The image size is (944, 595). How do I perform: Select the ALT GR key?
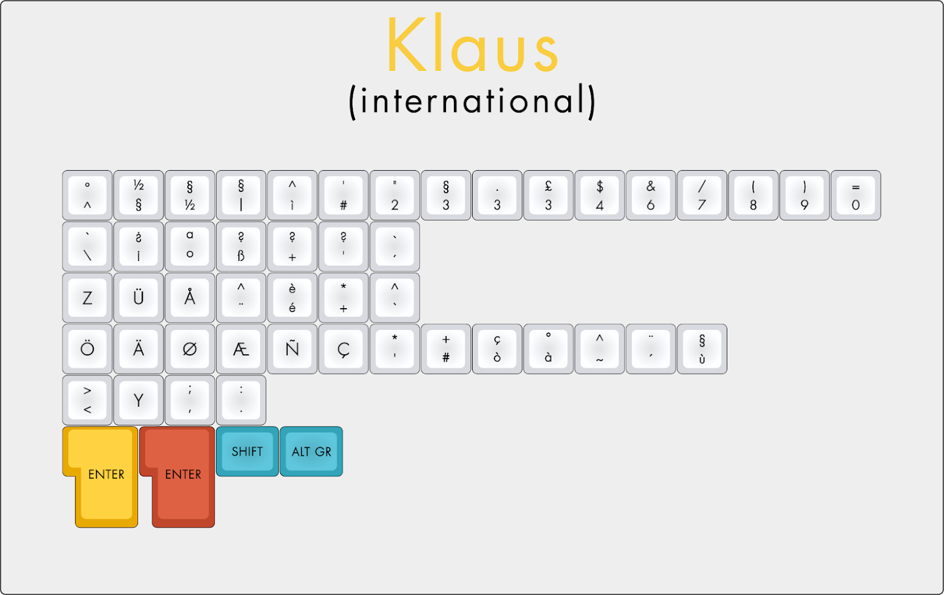[311, 451]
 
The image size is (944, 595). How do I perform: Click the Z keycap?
[87, 298]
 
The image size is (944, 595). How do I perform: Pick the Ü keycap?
[138, 298]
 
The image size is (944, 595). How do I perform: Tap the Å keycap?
[189, 298]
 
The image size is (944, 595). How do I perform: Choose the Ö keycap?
[87, 349]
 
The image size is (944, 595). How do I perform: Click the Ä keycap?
[138, 349]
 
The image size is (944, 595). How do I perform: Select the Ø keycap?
[189, 349]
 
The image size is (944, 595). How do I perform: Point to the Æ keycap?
[241, 349]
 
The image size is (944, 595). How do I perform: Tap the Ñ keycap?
[292, 349]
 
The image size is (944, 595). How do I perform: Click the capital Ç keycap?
[344, 349]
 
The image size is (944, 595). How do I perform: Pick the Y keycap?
[138, 400]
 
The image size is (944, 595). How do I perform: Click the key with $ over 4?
[600, 196]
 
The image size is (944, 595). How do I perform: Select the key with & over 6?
[651, 196]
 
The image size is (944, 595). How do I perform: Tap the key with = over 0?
[856, 196]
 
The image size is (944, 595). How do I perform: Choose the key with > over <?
[87, 400]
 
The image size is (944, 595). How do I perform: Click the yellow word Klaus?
[473, 44]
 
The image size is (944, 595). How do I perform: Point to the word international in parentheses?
[473, 102]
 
